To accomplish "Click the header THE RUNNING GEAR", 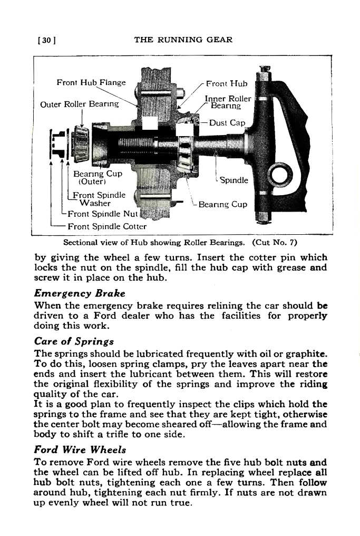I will [x=183, y=40].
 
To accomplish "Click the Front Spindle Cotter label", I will [x=105, y=226].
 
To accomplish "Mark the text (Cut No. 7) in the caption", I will [x=275, y=243].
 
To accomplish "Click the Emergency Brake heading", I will [x=80, y=293].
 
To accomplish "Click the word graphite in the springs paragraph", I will [x=306, y=353].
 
